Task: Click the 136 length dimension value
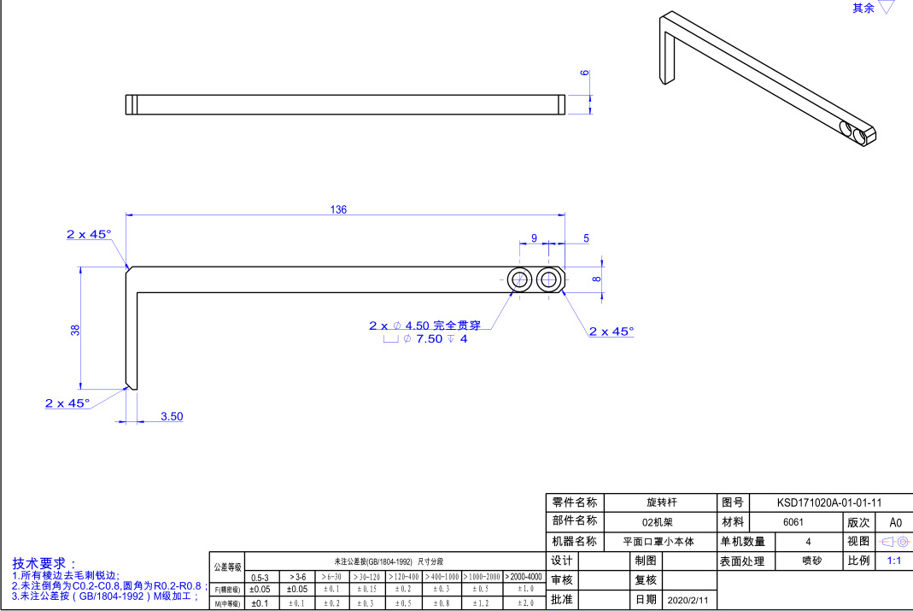tap(338, 210)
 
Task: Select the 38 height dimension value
tap(75, 330)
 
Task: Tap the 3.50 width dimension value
tap(172, 417)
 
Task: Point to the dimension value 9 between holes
tap(534, 238)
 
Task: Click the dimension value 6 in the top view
tap(585, 73)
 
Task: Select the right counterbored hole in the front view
tap(548, 279)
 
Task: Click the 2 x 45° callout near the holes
tap(612, 332)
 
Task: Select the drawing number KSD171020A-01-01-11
tap(828, 503)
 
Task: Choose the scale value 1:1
tap(894, 561)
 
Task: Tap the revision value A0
tap(895, 522)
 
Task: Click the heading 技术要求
tap(44, 564)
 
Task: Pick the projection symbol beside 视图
tap(894, 542)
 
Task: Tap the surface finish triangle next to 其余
tap(887, 8)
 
